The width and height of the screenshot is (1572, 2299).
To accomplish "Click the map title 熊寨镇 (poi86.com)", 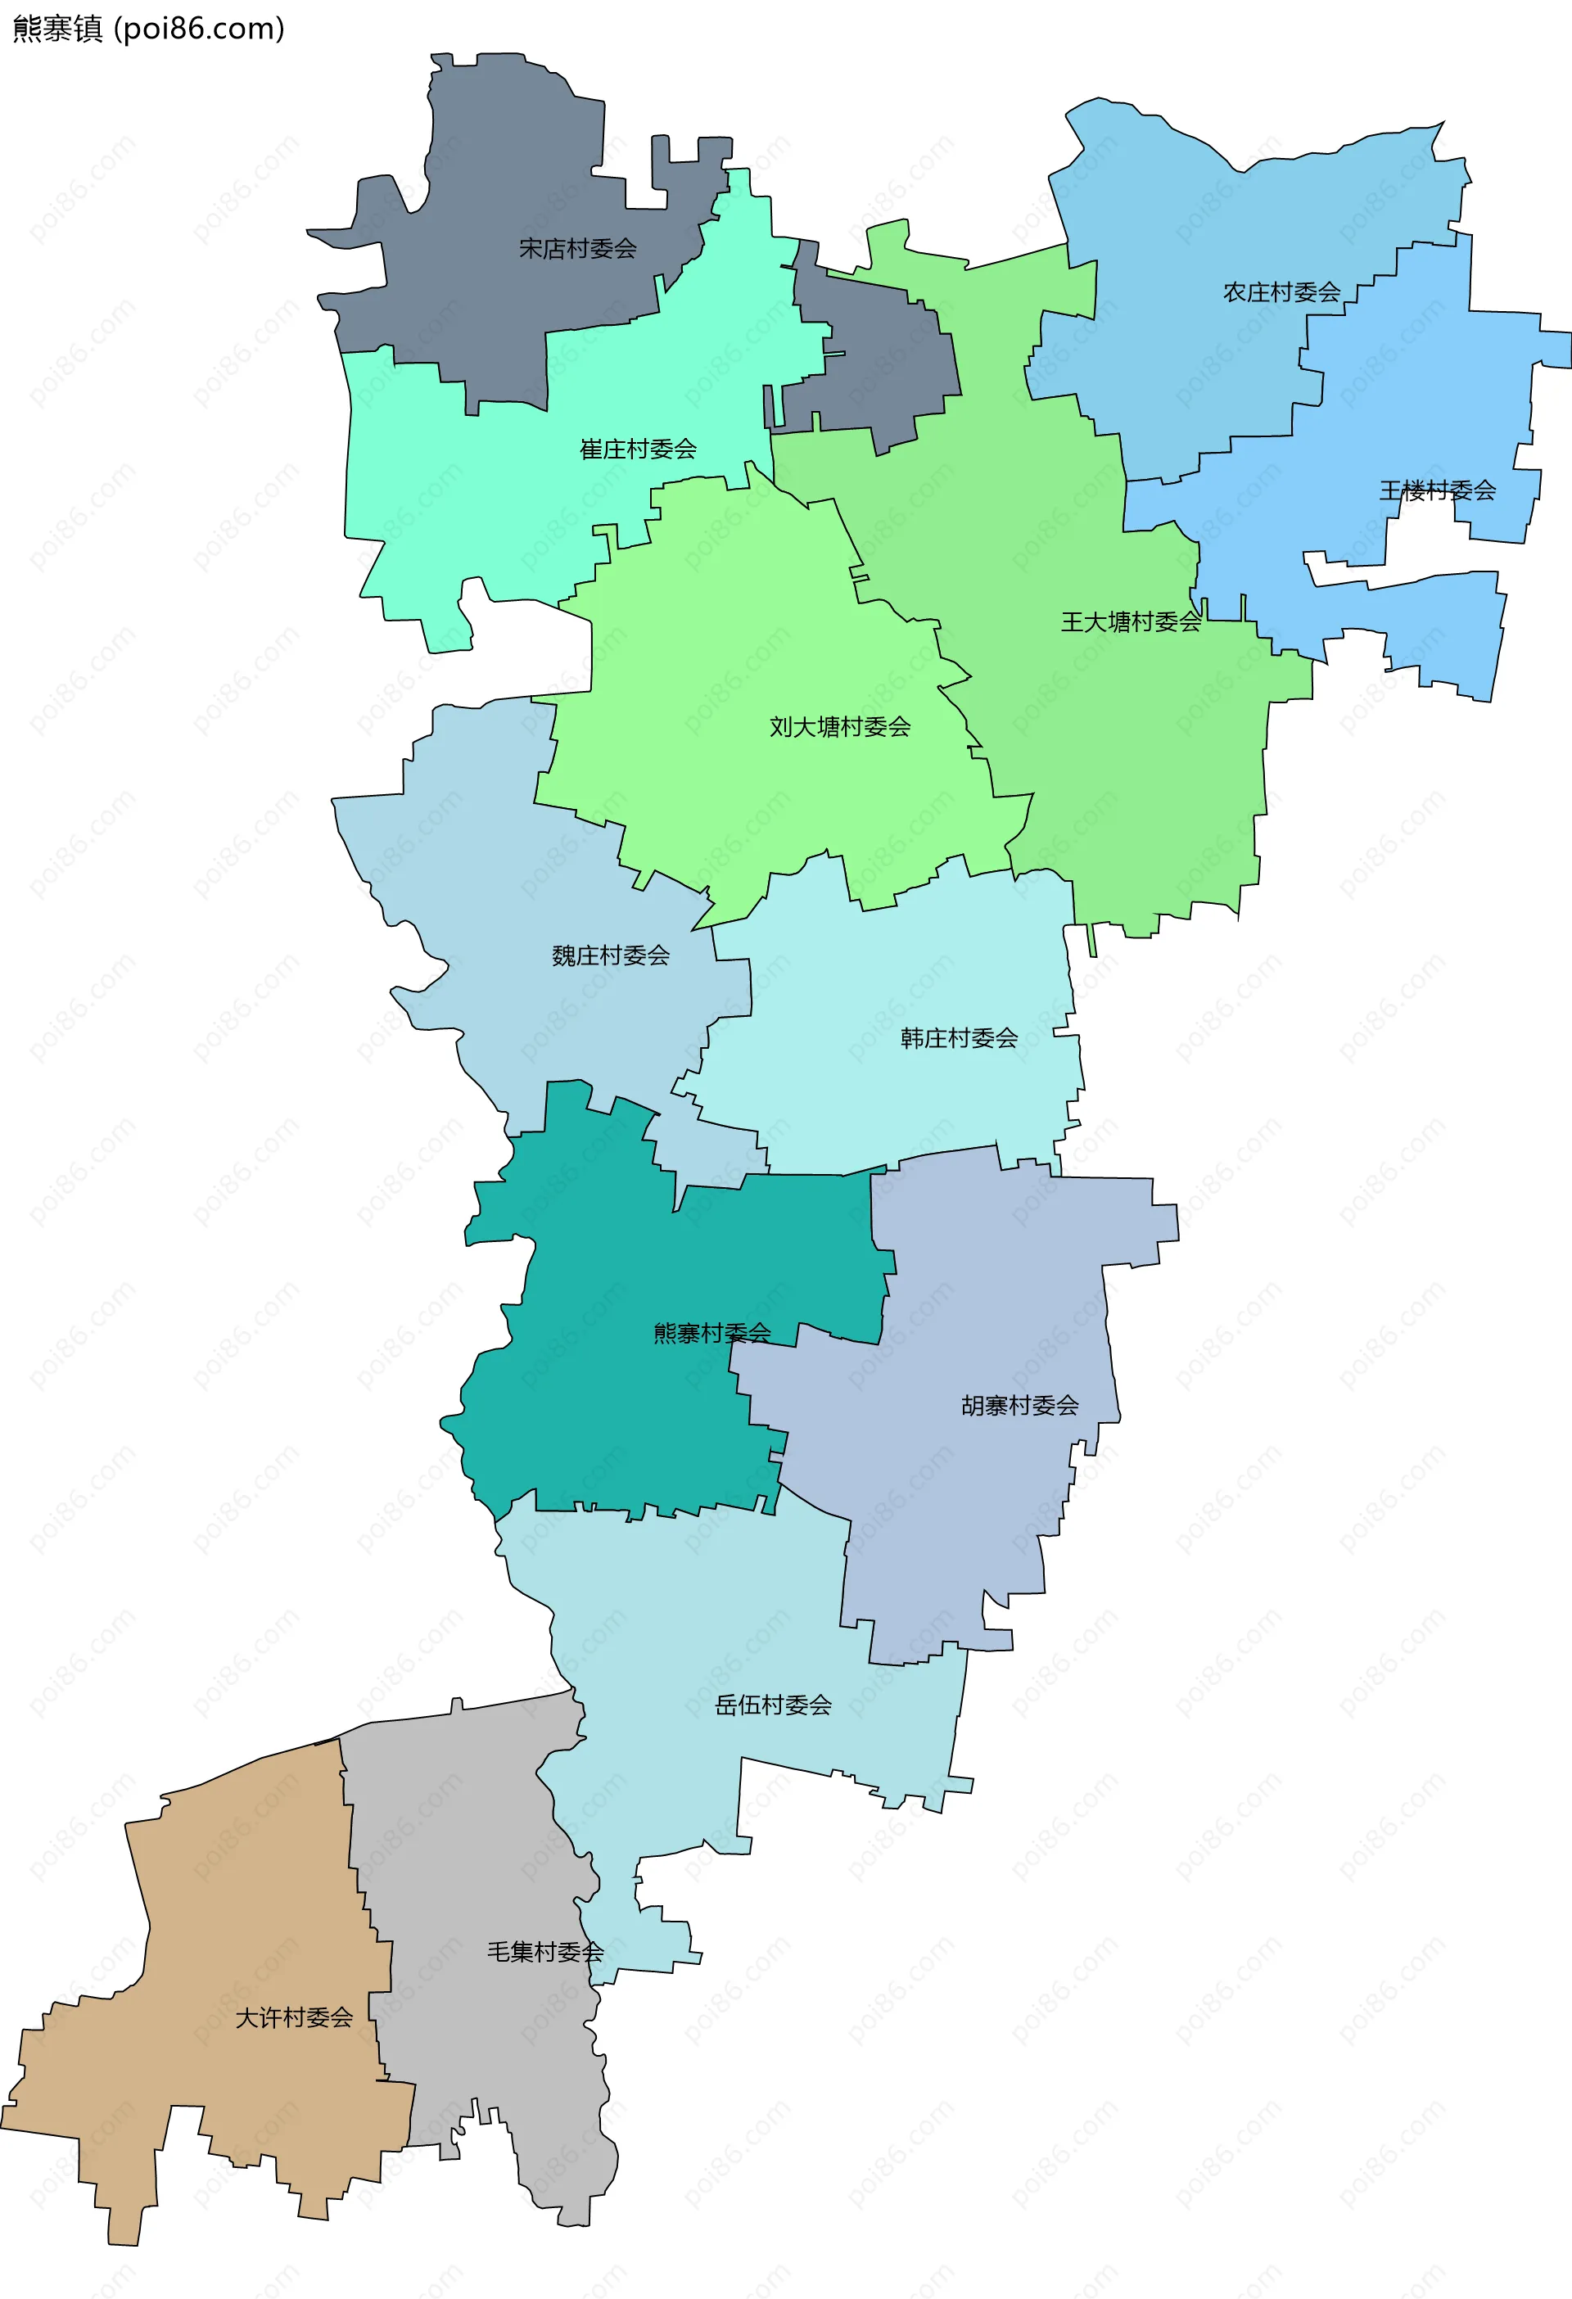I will [x=148, y=29].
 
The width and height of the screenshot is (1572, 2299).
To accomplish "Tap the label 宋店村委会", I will [x=578, y=248].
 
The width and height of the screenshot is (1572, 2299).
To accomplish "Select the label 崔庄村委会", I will [x=638, y=449].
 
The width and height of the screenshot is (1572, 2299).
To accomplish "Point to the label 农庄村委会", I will [x=1281, y=291].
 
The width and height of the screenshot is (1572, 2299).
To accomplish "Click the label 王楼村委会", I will [x=1438, y=490].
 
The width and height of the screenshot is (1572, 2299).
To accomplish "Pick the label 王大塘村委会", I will [x=1131, y=621].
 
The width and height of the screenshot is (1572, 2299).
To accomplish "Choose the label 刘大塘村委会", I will [x=840, y=727].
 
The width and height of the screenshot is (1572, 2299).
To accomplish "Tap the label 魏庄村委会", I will [x=611, y=955].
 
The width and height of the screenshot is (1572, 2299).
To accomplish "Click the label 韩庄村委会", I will [x=959, y=1037].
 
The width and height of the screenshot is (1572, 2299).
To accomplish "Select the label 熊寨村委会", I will [x=711, y=1333].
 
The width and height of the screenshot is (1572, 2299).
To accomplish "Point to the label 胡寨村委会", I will [x=1020, y=1405].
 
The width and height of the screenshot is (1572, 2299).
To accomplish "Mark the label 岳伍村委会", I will [x=773, y=1705].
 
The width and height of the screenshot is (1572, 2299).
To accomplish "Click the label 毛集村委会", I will [x=545, y=1952].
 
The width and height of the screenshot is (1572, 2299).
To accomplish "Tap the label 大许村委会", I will [x=294, y=2017].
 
